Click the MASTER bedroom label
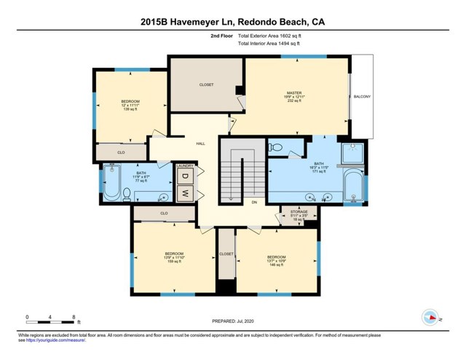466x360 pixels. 293,93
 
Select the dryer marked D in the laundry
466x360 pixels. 185,177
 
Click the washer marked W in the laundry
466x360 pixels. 185,193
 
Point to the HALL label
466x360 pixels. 200,144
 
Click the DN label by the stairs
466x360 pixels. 254,202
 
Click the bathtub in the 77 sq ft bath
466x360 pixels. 112,184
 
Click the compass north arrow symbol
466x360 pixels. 430,318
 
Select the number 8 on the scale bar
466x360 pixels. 74,317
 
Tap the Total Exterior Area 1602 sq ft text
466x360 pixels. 269,35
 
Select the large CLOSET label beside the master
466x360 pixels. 206,85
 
